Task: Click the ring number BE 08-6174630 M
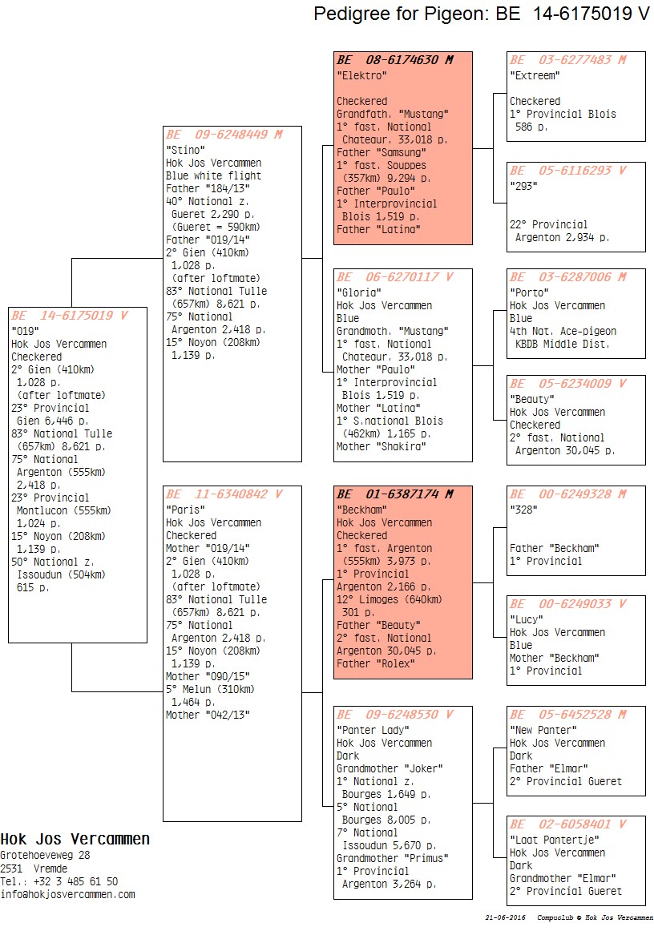pos(394,60)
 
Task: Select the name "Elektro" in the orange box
pos(361,75)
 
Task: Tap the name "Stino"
pos(185,150)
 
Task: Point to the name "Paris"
pos(185,510)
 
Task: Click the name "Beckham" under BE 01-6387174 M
pos(361,510)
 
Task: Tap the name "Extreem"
pos(535,75)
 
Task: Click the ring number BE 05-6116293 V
pos(567,171)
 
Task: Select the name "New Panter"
pos(543,730)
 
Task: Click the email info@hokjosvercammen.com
pos(67,894)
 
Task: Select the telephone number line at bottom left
pos(59,881)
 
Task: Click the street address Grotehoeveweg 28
pos(45,856)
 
